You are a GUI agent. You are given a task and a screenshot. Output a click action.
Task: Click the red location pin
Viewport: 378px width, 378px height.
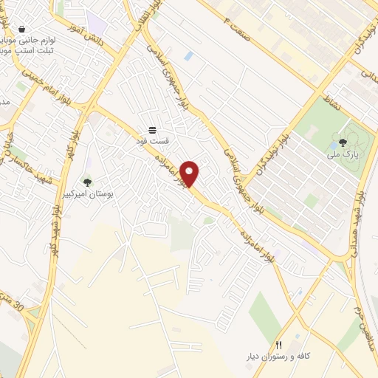point(190,173)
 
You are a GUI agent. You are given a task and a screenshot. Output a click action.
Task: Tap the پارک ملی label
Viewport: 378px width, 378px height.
point(343,155)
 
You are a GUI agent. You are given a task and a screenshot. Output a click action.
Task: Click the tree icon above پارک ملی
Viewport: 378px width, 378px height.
point(343,142)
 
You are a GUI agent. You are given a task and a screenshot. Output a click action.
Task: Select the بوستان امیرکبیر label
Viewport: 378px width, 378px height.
point(87,195)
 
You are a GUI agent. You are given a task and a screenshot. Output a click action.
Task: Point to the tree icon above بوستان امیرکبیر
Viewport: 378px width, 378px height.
point(87,182)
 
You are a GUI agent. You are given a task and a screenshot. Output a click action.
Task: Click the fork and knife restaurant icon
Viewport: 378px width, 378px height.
point(278,345)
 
